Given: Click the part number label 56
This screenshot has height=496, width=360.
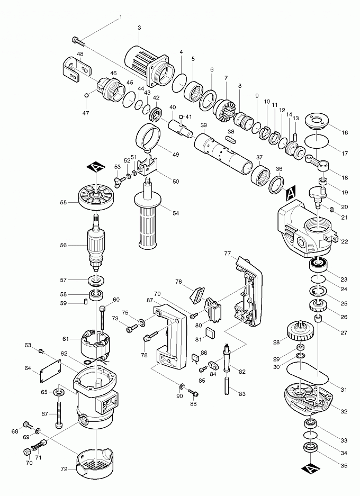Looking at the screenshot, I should click(63, 245).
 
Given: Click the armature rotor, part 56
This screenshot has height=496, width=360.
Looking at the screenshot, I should click(97, 244).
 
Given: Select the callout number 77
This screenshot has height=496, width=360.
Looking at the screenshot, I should click(227, 254).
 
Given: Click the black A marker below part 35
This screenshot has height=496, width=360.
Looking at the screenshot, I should click(309, 468).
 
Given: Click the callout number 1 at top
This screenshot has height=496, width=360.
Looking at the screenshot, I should click(120, 17).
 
